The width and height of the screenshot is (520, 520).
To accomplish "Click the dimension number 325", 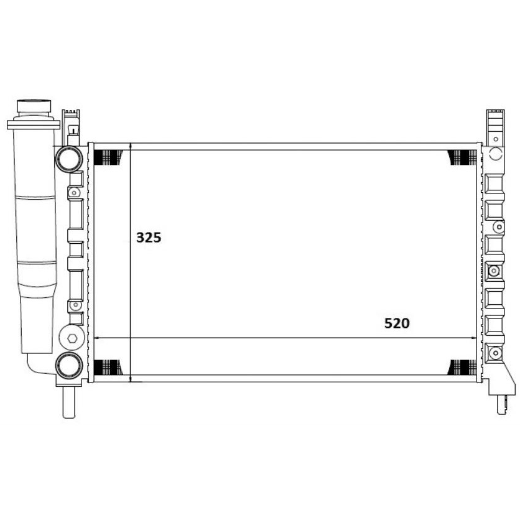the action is tap(149, 238).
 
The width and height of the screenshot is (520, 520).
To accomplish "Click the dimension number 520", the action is tap(397, 323).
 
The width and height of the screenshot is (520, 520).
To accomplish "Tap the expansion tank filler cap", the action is tap(34, 107).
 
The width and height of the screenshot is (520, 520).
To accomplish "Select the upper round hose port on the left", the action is tap(69, 159).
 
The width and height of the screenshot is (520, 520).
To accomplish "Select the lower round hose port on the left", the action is tap(69, 366).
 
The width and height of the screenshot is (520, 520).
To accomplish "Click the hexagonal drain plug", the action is tap(72, 338).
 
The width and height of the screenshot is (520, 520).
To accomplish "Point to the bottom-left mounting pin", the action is tap(68, 402).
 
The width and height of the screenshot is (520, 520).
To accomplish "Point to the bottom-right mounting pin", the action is tap(502, 404).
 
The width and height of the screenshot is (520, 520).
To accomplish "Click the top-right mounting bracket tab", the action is tap(496, 127).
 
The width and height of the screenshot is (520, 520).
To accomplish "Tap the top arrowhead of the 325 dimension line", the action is tap(131, 146).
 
